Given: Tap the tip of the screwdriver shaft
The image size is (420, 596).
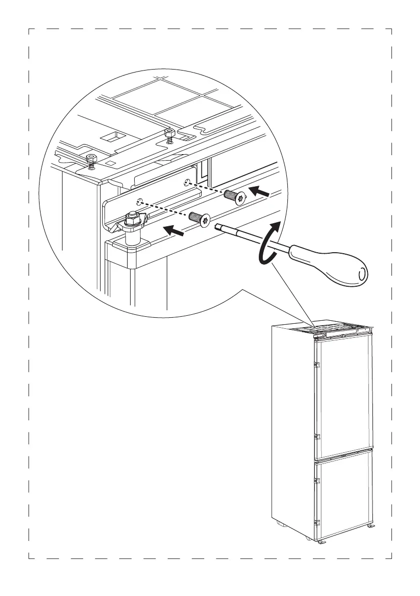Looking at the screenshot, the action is point(217,226).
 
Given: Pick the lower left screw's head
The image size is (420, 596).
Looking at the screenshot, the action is point(204,220).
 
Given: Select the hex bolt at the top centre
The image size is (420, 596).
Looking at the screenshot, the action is point(169,133).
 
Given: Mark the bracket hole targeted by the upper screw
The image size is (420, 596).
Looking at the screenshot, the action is point(187,182).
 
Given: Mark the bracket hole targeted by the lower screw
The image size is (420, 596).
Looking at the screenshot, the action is point(141,203).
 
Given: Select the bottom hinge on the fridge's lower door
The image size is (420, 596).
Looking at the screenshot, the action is point(315,523).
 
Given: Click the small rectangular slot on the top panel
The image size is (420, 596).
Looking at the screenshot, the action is point(109,136).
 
